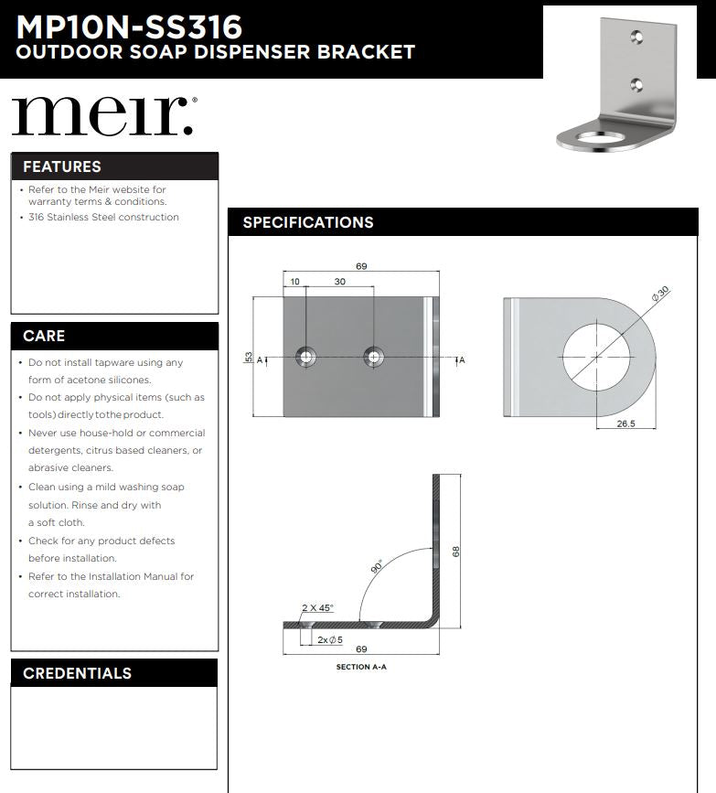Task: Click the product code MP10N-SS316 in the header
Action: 129,24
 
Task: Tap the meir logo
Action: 102,115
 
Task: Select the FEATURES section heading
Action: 62,166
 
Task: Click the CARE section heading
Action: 44,336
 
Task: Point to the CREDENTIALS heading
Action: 77,673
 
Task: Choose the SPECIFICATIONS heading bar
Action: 308,222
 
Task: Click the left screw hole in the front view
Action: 305,357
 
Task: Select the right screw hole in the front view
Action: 373,357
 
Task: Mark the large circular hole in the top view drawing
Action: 596,355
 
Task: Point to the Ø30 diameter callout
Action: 659,295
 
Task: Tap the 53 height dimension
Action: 249,358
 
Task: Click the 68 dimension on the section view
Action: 455,551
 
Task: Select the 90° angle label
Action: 376,567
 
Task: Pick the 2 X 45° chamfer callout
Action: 317,607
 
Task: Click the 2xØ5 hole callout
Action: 329,639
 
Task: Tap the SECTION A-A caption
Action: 361,668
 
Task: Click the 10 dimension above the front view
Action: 294,282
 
